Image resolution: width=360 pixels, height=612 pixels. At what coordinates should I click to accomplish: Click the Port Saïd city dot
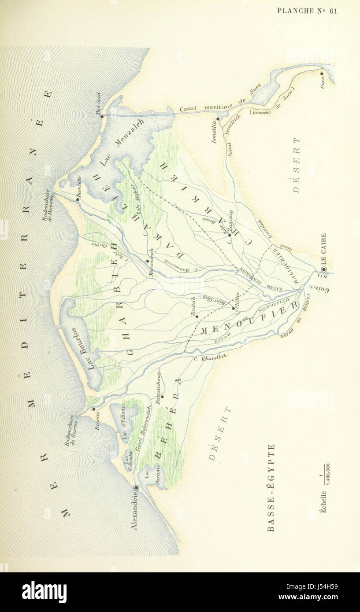click(102, 116)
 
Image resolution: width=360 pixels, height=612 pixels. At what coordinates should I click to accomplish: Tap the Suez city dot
click(322, 74)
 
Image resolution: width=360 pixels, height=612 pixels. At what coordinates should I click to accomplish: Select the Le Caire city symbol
click(324, 269)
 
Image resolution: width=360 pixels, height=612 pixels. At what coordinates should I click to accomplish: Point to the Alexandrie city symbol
click(136, 487)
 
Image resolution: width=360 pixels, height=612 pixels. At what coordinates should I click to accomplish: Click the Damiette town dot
click(78, 199)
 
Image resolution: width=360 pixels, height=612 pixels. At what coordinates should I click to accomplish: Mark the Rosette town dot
click(94, 409)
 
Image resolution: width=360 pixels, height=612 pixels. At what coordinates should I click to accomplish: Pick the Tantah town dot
click(197, 316)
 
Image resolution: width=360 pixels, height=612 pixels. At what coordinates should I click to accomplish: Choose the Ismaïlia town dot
click(218, 118)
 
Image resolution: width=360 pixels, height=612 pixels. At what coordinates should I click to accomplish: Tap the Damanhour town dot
click(162, 396)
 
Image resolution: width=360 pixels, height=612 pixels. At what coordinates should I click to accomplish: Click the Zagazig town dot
click(230, 235)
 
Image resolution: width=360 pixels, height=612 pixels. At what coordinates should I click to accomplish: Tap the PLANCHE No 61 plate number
click(307, 11)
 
